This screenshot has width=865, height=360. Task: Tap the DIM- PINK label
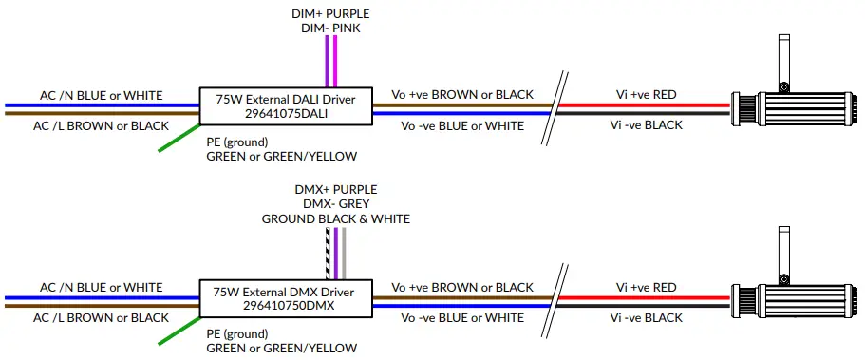[331, 30]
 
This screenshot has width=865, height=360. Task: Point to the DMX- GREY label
[335, 203]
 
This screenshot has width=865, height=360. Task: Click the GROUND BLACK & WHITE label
[336, 218]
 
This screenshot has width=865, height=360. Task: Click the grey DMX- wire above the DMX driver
[346, 255]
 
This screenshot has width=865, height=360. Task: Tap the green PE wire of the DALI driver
[179, 137]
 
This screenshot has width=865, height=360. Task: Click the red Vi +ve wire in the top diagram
[646, 104]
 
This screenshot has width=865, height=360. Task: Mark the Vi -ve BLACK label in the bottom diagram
[646, 316]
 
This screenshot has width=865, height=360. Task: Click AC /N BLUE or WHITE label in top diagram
[101, 95]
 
